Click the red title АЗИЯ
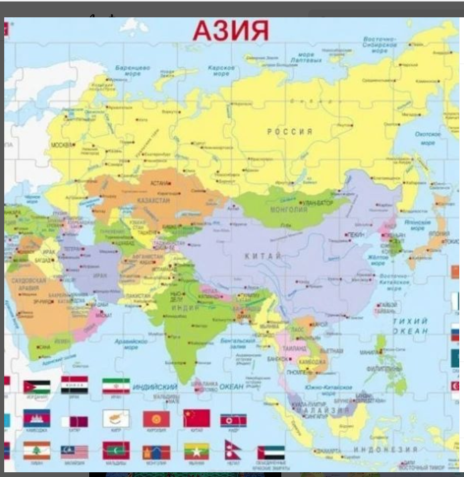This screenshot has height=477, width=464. pos(230,30)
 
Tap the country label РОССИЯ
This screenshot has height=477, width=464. pos(290,131)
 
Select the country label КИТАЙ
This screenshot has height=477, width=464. pos(263,255)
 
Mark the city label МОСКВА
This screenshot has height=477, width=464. pos(61,144)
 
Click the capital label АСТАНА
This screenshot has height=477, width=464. pos(159,183)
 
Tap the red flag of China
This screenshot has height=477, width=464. pos(196,419)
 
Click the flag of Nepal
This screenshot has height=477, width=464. pos(233,451)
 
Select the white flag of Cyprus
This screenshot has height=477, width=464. pos(116,419)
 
